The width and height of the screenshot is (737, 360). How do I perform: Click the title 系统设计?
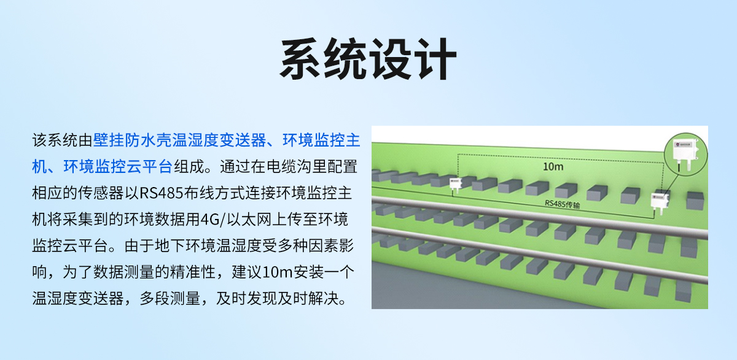click(368, 59)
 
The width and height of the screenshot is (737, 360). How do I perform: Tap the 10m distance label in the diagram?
click(554, 166)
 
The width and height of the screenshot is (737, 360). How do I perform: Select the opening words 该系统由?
click(62, 141)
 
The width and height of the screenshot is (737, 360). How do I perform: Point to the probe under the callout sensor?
click(679, 166)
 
